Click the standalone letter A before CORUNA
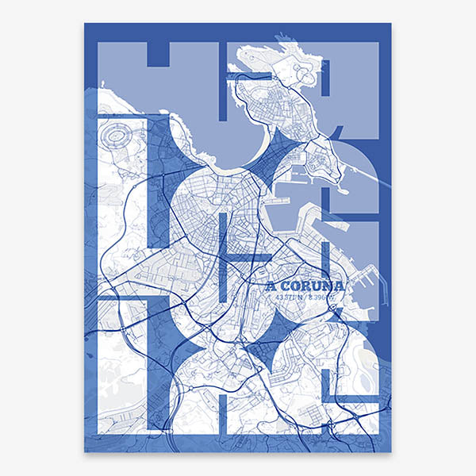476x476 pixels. click(x=271, y=286)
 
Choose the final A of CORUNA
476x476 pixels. click(x=340, y=286)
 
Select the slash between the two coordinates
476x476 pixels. click(x=305, y=297)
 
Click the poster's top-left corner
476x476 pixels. click(x=85, y=23)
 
